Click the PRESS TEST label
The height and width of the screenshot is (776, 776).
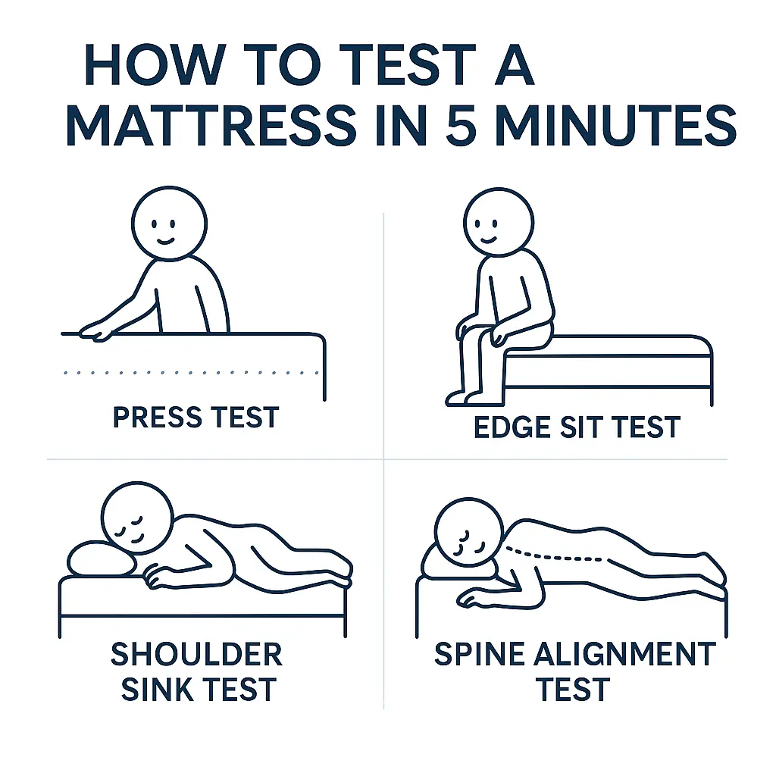point(196,418)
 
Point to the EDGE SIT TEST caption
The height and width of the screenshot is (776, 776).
point(577,427)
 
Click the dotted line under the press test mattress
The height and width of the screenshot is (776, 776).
point(189,372)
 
